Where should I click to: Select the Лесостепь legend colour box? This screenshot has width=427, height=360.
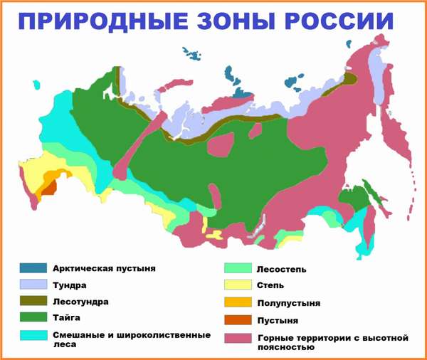pos(239,269)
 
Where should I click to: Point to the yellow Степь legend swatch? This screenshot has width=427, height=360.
pos(239,286)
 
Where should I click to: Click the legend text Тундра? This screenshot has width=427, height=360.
pos(70,285)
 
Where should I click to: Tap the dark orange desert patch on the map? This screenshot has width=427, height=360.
pos(48,189)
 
